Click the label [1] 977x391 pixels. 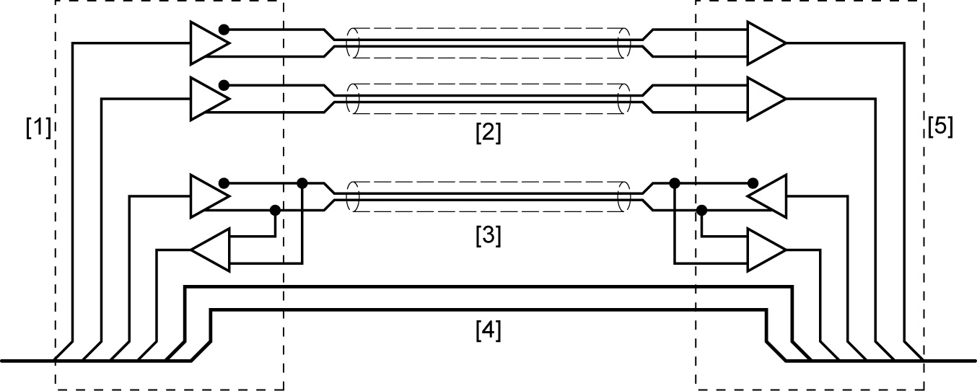(38, 128)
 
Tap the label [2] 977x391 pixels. (488, 133)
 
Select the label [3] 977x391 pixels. (488, 235)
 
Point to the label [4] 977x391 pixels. (488, 330)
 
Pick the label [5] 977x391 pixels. (939, 127)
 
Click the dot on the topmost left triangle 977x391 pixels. (224, 30)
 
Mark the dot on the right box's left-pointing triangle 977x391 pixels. (753, 181)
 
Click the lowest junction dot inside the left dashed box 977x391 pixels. (275, 211)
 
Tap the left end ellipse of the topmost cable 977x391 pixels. (354, 43)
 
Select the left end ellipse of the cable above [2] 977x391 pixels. (354, 99)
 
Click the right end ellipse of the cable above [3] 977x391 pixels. (624, 195)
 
